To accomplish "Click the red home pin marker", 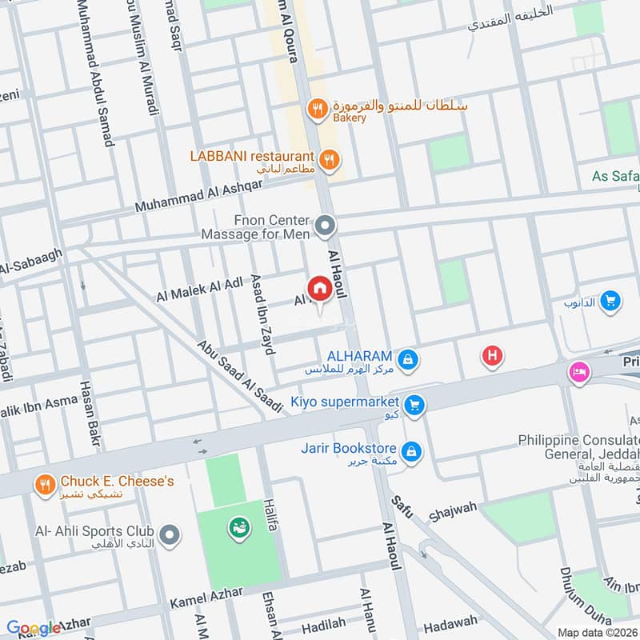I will [319, 288].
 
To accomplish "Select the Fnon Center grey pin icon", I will [325, 227].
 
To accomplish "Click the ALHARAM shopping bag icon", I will [409, 360].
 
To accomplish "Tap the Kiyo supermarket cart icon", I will [414, 406].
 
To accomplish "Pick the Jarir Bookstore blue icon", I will [411, 452].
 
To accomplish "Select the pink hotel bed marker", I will [578, 372].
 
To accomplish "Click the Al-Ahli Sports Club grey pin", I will [169, 534].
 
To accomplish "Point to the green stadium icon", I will [238, 526].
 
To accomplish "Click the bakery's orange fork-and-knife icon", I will [318, 108].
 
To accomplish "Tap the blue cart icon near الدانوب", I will [610, 301].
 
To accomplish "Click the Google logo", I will [34, 628].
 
